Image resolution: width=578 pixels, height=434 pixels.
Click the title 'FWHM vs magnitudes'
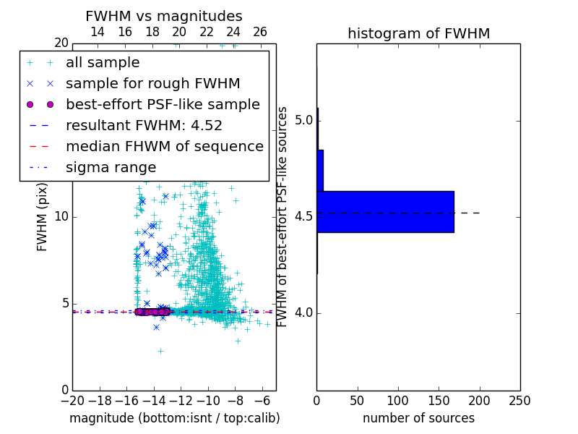[164, 16]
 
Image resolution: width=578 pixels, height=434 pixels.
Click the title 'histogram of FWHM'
[418, 33]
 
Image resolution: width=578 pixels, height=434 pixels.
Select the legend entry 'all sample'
[103, 63]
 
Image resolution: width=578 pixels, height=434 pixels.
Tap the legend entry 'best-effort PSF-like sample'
[163, 104]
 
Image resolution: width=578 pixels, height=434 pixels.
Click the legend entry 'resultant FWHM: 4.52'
[144, 125]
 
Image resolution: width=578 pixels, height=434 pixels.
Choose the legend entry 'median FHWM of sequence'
[164, 146]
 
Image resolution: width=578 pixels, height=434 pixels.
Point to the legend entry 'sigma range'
[111, 167]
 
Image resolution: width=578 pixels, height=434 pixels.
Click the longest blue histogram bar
[385, 212]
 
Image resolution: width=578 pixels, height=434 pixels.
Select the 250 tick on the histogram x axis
[519, 401]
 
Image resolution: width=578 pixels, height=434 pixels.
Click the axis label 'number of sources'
[418, 418]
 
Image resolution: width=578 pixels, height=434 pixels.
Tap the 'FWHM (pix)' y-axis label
[43, 217]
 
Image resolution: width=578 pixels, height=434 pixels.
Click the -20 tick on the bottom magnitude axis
[72, 401]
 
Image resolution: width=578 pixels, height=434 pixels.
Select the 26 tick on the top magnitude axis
[261, 32]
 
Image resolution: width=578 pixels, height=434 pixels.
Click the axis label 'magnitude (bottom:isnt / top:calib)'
[174, 418]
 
